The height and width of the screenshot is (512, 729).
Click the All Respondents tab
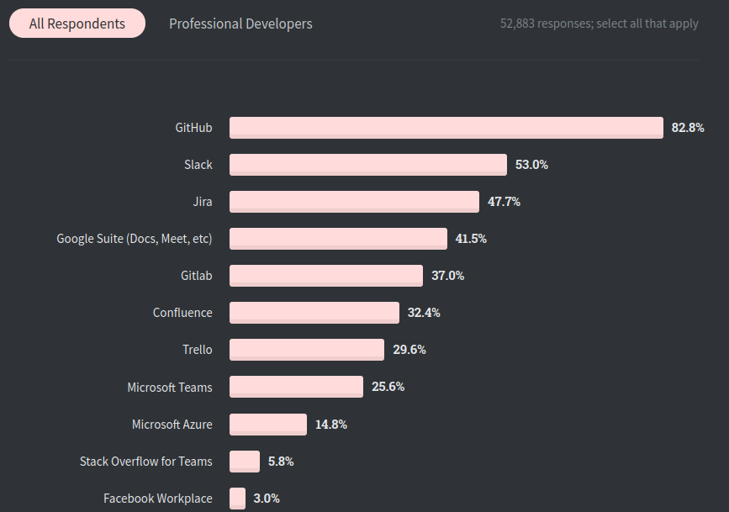(77, 24)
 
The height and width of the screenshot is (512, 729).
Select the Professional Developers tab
(240, 24)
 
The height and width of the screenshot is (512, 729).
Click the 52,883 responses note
(599, 24)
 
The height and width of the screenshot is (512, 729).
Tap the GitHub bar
(446, 128)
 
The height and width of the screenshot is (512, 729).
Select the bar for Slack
(367, 165)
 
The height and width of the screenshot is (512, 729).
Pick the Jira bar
(354, 202)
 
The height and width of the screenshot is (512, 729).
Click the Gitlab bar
(325, 276)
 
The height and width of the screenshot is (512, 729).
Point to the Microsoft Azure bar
(267, 425)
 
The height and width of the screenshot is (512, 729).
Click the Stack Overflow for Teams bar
(245, 462)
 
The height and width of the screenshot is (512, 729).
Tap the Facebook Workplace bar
(237, 499)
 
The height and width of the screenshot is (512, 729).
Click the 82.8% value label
(687, 128)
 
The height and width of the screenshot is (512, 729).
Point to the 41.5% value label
(471, 239)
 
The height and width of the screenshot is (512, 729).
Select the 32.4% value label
(424, 313)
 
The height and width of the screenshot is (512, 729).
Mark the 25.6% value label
(388, 387)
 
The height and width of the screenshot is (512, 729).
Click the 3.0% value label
(266, 499)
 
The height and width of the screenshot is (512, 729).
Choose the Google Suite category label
(135, 239)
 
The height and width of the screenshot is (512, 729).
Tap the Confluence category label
(182, 313)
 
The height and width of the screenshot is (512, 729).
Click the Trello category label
(198, 350)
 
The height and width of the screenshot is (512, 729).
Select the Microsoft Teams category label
(170, 388)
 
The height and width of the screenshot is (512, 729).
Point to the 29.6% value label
(409, 350)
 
